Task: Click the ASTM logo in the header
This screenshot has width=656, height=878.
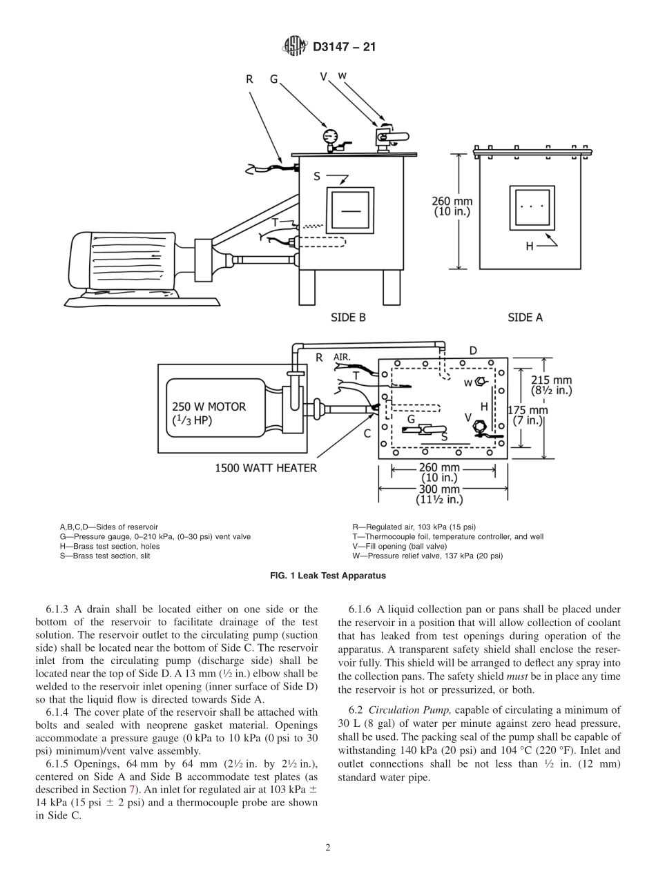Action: [294, 48]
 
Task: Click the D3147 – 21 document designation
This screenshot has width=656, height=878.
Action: [344, 48]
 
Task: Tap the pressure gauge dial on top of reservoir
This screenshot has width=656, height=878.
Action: [328, 135]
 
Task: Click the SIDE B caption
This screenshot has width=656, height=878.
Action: [348, 318]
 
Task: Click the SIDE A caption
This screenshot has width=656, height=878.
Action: [525, 318]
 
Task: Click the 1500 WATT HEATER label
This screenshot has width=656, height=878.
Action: [266, 468]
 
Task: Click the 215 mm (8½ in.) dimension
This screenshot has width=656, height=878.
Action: [552, 384]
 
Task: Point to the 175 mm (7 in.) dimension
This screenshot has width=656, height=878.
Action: [528, 414]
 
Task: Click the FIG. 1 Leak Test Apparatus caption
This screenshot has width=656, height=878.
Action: [328, 575]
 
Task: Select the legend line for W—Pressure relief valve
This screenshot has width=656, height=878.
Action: [427, 556]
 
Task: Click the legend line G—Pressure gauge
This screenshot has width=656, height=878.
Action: [155, 536]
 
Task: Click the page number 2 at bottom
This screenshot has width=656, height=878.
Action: [328, 848]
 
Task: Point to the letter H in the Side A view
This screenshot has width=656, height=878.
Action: [530, 245]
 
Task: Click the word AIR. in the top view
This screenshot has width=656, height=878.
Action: [343, 358]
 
